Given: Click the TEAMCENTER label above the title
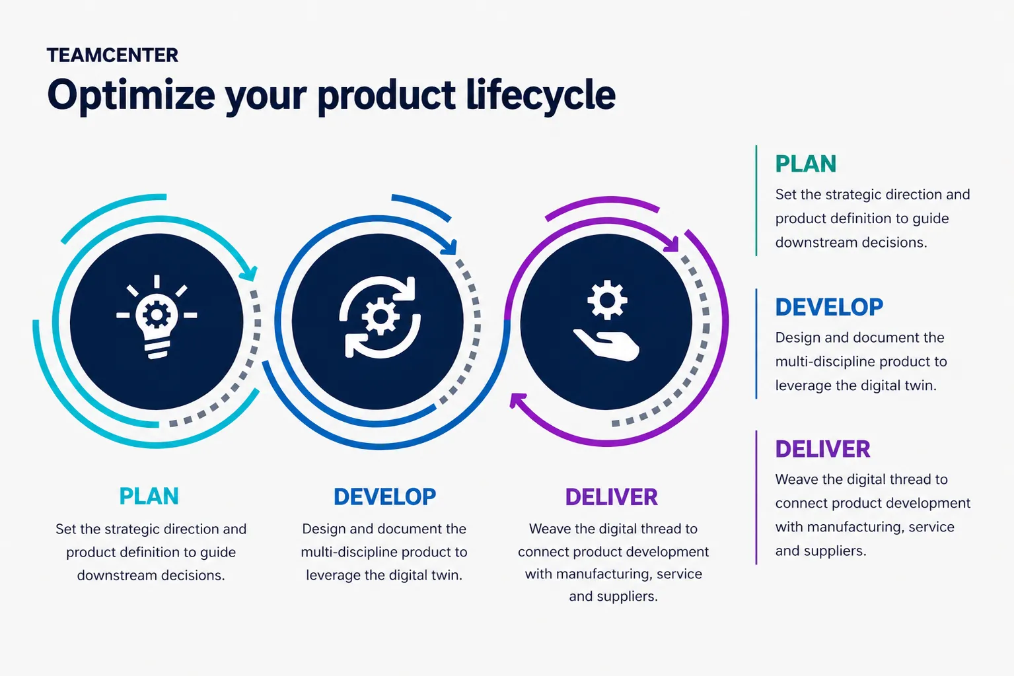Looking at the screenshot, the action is (x=112, y=55).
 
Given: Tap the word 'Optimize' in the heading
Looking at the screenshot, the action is (x=131, y=96).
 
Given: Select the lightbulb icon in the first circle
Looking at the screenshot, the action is (x=157, y=317).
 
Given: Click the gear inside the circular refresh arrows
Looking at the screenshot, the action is (x=380, y=317).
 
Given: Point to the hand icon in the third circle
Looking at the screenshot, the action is (x=606, y=345).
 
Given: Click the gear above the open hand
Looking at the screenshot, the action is (x=607, y=300).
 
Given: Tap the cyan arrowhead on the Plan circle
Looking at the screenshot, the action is (x=249, y=273).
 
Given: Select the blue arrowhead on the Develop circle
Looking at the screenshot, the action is (x=449, y=247).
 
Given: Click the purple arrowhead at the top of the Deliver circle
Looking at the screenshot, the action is (x=671, y=244).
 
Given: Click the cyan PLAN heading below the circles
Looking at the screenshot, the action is (x=149, y=496).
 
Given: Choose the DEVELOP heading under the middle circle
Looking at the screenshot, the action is (x=384, y=497).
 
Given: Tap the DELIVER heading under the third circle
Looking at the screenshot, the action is (x=612, y=497).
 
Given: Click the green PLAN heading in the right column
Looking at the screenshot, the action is (x=806, y=164).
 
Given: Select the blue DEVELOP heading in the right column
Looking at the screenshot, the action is (x=829, y=307).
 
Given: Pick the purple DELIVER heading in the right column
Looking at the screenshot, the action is (x=823, y=450).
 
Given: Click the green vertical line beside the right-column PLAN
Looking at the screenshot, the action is (x=756, y=201).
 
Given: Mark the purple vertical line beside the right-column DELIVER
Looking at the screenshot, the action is (x=756, y=498).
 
